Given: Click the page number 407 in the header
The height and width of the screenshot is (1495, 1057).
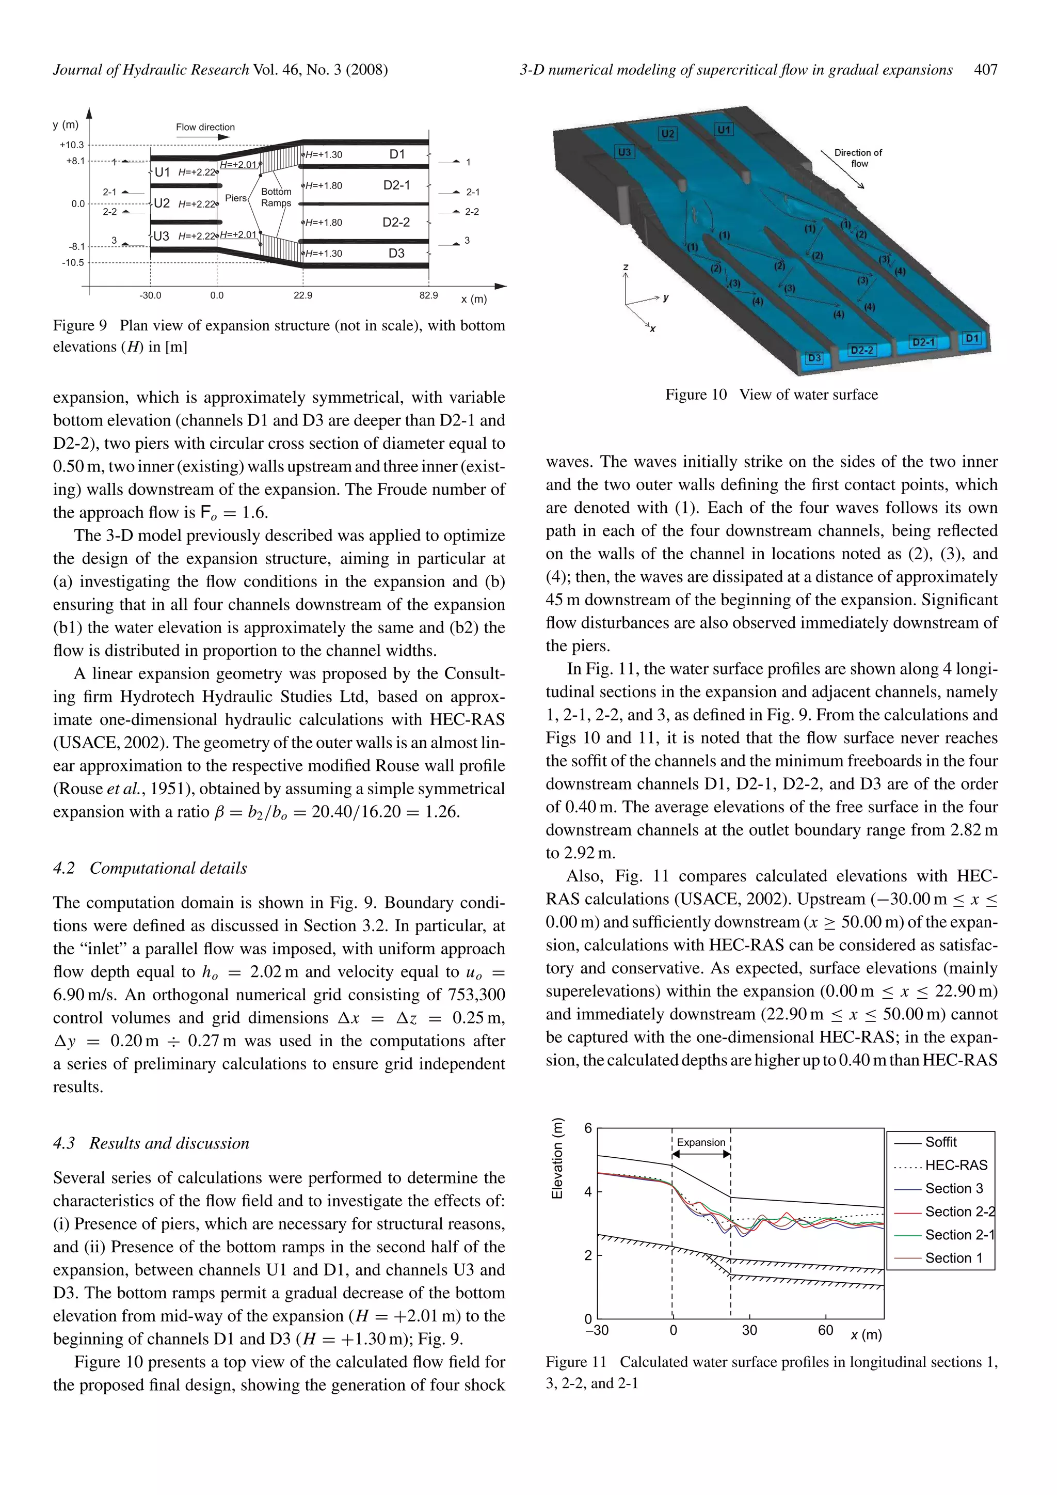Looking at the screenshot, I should point(985,70).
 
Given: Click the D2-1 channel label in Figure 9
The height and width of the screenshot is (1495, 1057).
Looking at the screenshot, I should point(396,185).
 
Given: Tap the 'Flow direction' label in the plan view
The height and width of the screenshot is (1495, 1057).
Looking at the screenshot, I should point(205,127).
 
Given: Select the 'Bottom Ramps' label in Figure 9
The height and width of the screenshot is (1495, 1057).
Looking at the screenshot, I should point(276,197).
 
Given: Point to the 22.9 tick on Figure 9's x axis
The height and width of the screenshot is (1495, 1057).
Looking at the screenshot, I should point(302,295).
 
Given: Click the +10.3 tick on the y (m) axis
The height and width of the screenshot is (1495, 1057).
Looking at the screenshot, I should point(72,145).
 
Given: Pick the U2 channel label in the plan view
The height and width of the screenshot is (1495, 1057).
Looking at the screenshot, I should point(162,203).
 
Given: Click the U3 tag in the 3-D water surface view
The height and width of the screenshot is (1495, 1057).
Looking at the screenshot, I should point(623,152).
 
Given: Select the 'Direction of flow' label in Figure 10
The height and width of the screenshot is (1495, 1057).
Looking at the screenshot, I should point(858,158).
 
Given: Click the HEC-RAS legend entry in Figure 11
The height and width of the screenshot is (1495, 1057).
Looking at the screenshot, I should point(955,1166).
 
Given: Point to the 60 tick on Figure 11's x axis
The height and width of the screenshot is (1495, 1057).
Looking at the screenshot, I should point(825,1330).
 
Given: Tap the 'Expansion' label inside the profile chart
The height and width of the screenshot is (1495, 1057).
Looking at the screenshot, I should point(700,1142).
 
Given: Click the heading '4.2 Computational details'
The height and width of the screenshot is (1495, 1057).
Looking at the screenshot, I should point(150,868).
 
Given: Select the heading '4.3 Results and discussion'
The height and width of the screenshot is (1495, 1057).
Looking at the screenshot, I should point(151,1143).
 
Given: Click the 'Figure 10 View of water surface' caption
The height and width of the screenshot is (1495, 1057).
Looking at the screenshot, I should point(771,395).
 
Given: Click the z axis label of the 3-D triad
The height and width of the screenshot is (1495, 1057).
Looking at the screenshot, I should point(626,267).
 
